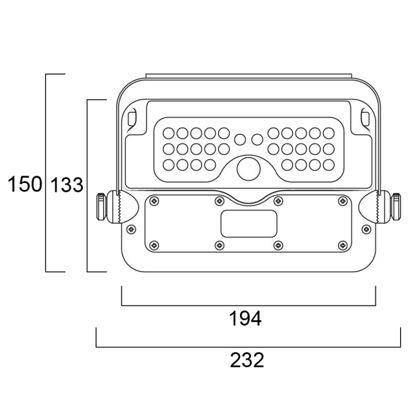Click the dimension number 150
[25, 184]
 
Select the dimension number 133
[67, 185]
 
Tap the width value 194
[245, 318]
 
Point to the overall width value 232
[247, 360]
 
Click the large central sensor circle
[249, 169]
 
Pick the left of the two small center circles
[240, 139]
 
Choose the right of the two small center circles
[257, 139]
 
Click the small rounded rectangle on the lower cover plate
[249, 224]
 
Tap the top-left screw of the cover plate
[154, 201]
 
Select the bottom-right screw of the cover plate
[343, 245]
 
